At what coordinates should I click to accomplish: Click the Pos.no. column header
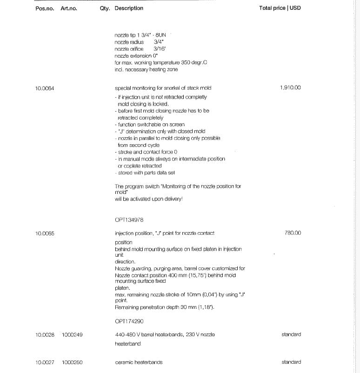(x=45, y=8)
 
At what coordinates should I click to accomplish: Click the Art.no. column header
(x=69, y=8)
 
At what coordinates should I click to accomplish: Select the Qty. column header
(x=105, y=8)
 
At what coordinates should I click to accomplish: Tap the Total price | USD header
(x=280, y=8)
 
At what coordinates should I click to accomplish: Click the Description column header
(x=129, y=8)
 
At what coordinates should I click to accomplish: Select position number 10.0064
(x=45, y=88)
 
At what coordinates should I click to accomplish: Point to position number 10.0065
(x=45, y=233)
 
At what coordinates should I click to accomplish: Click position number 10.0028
(x=45, y=334)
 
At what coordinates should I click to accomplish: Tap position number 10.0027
(x=45, y=362)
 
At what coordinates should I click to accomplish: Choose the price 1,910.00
(x=291, y=87)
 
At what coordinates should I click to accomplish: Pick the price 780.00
(x=293, y=233)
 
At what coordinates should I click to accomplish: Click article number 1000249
(x=72, y=334)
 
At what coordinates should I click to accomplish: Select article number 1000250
(x=72, y=362)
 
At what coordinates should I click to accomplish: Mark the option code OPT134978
(x=129, y=220)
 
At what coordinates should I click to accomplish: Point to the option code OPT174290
(x=129, y=321)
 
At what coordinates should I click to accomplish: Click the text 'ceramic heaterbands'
(x=139, y=362)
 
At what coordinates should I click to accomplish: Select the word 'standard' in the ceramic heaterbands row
(x=291, y=362)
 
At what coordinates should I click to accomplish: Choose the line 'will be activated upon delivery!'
(x=148, y=199)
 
